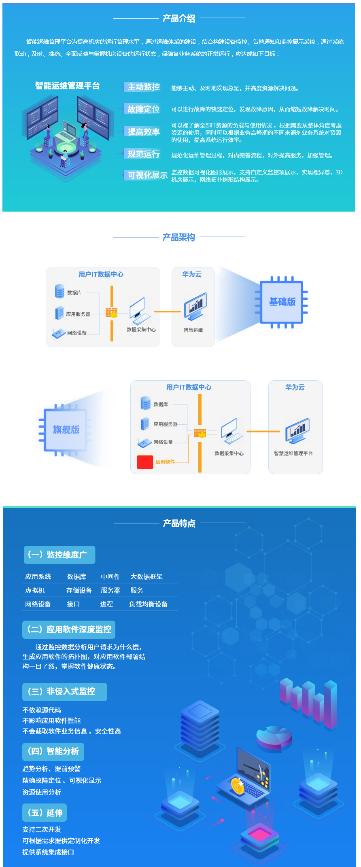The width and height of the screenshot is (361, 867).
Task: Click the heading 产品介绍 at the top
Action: point(178,18)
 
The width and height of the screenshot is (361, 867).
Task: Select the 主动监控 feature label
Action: point(144,87)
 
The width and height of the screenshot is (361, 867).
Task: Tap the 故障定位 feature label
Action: point(144,109)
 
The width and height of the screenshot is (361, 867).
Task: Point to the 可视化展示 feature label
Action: point(147,175)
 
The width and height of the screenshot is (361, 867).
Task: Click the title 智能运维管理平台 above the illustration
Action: point(67,86)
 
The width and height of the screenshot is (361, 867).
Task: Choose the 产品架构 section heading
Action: point(178,237)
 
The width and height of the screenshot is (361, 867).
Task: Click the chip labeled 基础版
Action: point(282,302)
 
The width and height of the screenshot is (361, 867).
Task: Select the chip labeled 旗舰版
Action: point(66,429)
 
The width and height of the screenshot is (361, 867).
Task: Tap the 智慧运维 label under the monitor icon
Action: point(193,330)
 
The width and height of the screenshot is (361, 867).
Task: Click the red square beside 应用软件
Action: point(145,462)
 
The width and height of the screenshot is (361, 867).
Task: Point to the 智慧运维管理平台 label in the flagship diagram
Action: point(293,454)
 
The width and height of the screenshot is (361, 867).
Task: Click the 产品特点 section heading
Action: point(179,524)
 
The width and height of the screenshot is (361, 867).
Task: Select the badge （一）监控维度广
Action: point(59,555)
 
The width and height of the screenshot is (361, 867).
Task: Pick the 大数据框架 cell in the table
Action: point(147,577)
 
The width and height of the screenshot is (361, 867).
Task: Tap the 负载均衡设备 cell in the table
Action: point(148,604)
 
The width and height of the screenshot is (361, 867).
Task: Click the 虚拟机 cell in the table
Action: point(35,590)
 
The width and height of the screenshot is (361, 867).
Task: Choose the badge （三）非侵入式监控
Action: point(65,691)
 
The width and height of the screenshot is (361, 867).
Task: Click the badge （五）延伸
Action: point(45,813)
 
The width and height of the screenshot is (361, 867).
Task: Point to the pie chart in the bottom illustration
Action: point(274,738)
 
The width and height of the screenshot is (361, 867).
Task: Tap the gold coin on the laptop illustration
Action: point(238,786)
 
